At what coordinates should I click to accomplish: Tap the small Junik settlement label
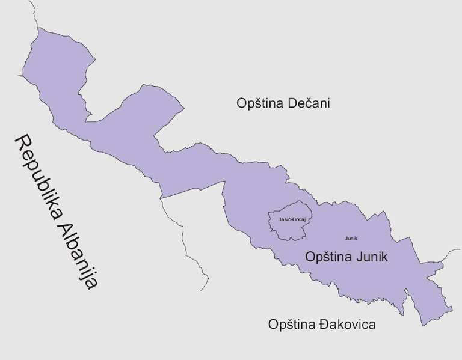pos(351,239)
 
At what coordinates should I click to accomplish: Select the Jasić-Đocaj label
pos(292,219)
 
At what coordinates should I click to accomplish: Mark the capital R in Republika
pos(23,142)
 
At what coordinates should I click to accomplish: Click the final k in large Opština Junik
pos(384,257)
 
